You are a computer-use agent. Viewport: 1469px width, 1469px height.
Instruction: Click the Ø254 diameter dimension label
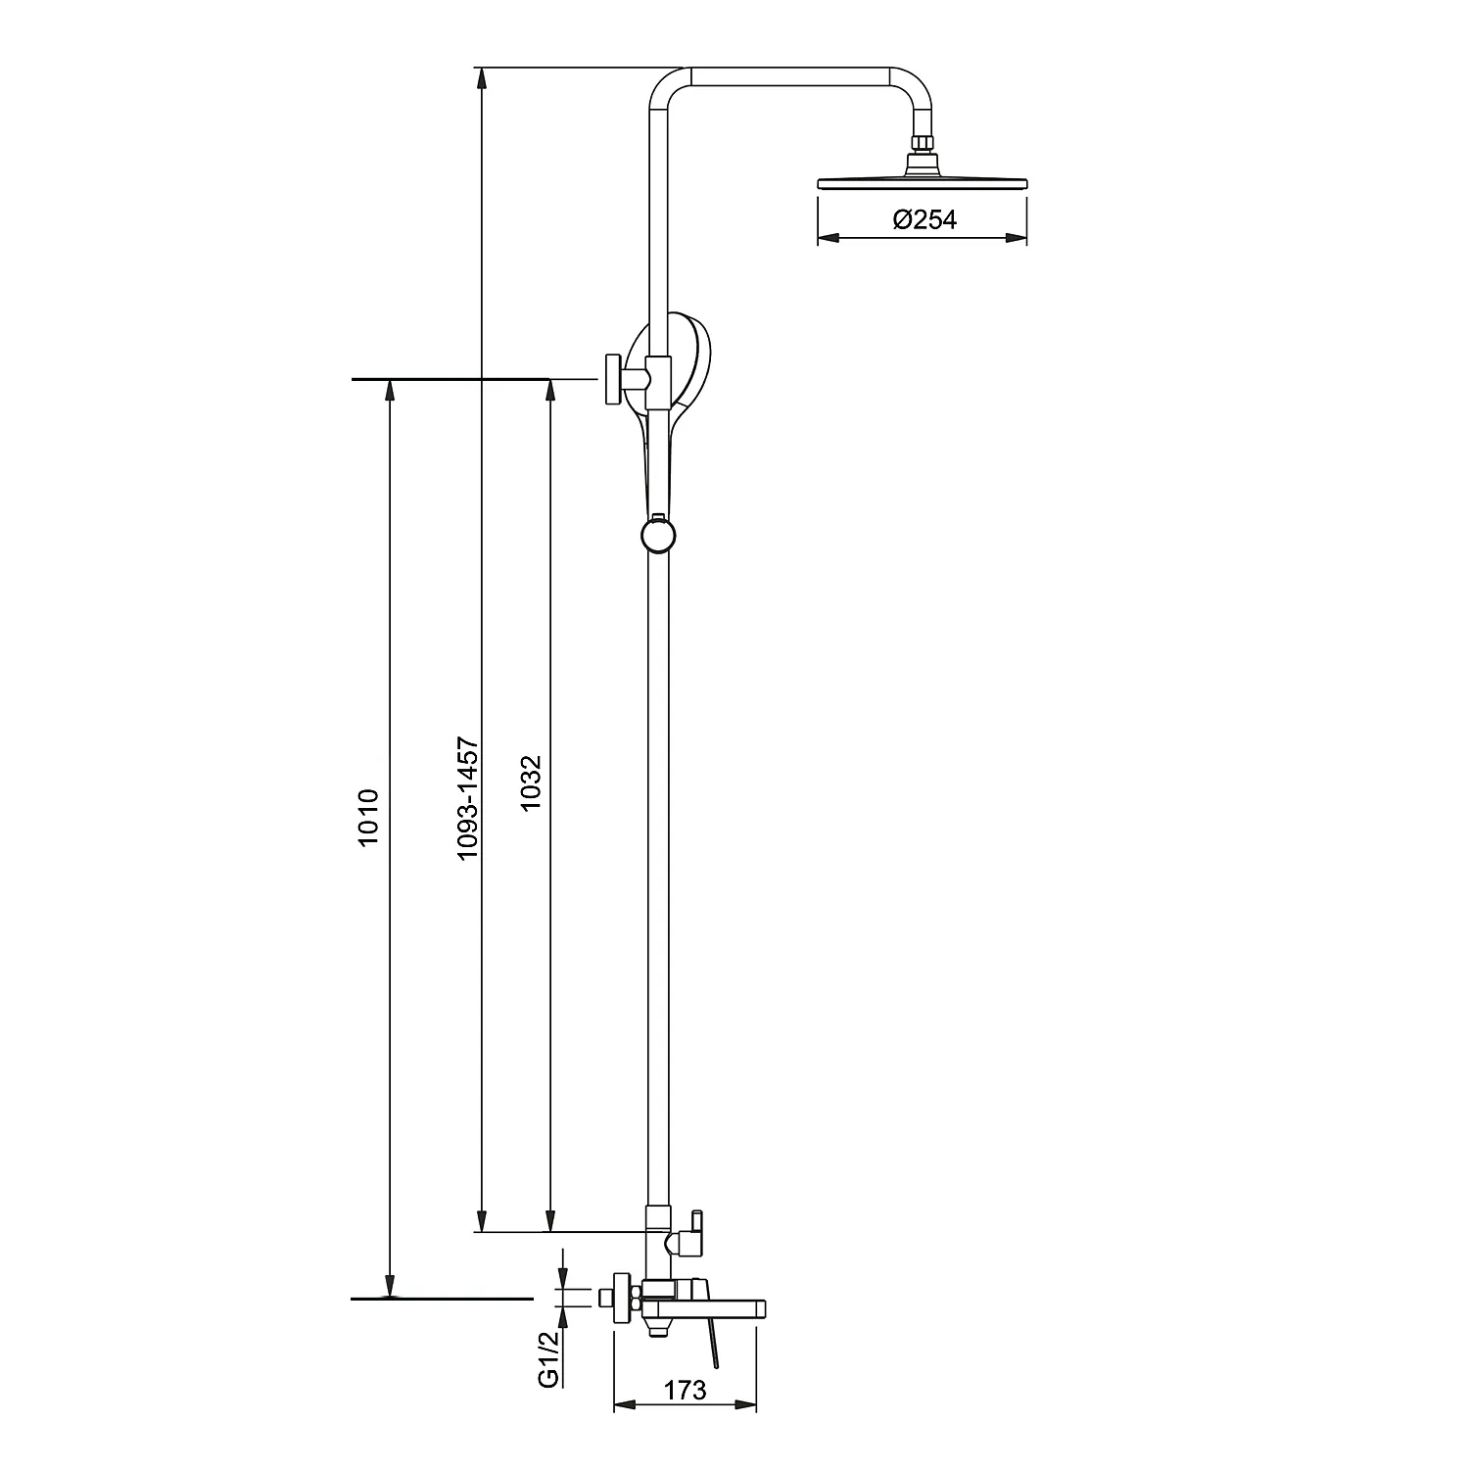924,220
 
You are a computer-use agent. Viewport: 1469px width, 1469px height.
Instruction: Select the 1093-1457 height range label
469,800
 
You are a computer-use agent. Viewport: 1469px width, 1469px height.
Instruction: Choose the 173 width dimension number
686,1390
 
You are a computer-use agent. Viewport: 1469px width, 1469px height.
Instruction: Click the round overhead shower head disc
923,182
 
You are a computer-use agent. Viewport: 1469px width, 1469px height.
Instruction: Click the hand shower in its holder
686,392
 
